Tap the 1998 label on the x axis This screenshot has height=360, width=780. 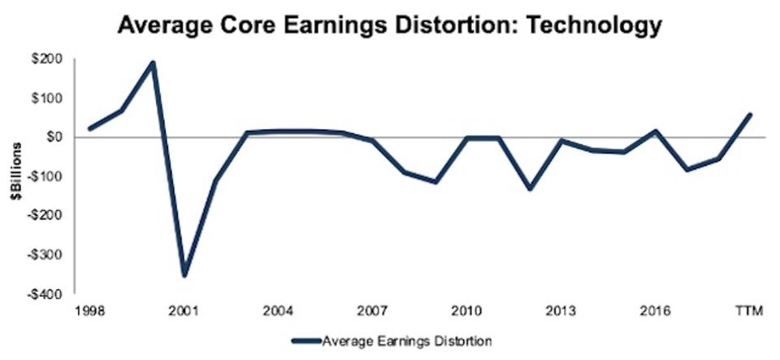(89, 311)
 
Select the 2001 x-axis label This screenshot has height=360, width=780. (184, 311)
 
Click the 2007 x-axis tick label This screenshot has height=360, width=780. (371, 311)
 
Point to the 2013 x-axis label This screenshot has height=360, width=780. (561, 311)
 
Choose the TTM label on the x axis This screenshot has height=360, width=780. (748, 311)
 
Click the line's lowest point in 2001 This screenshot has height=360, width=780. (184, 275)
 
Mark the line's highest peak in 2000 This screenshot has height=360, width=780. (153, 63)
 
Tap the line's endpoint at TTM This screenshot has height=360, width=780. (748, 115)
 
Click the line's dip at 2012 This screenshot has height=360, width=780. (529, 188)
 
